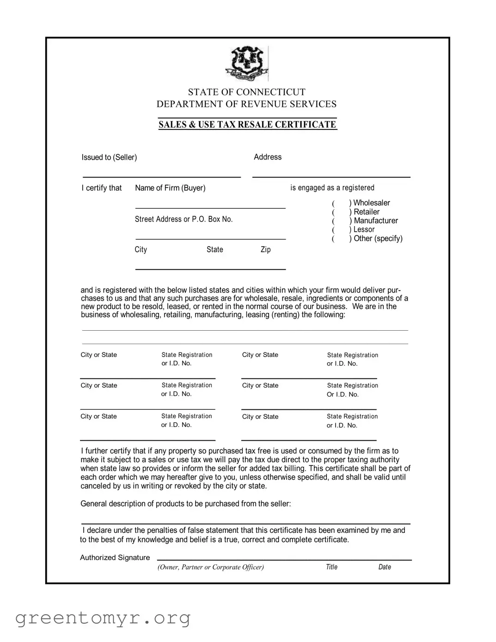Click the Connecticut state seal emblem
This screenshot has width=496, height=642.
pos(247,64)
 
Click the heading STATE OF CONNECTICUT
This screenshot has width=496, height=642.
pos(246,92)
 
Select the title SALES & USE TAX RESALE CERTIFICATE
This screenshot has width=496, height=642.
pos(247,124)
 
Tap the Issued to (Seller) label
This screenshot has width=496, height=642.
pos(109,157)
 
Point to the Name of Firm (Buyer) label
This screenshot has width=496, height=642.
pos(170,188)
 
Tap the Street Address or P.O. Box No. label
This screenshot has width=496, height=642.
pos(184,219)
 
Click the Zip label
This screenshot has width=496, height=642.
pos(265,250)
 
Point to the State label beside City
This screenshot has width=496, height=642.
pos(214,250)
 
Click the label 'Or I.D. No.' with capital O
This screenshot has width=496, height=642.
pos(343,395)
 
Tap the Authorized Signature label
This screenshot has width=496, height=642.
pos(115,558)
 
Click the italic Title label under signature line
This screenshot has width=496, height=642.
pos(331,567)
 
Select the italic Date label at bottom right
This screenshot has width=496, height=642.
pos(385,567)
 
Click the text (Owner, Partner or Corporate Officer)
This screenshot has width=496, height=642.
pos(211,567)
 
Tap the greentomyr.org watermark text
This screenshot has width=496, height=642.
pos(103,617)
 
